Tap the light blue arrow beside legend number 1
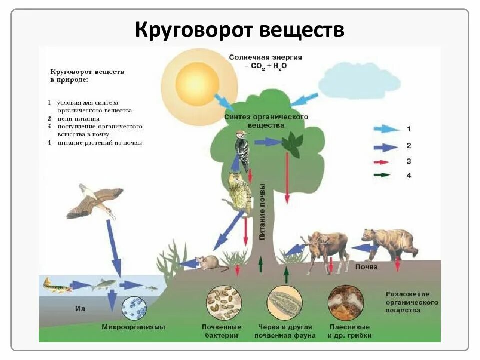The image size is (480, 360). [x=386, y=129]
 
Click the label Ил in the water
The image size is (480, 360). [x=80, y=309]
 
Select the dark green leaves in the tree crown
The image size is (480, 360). [x=291, y=145]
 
